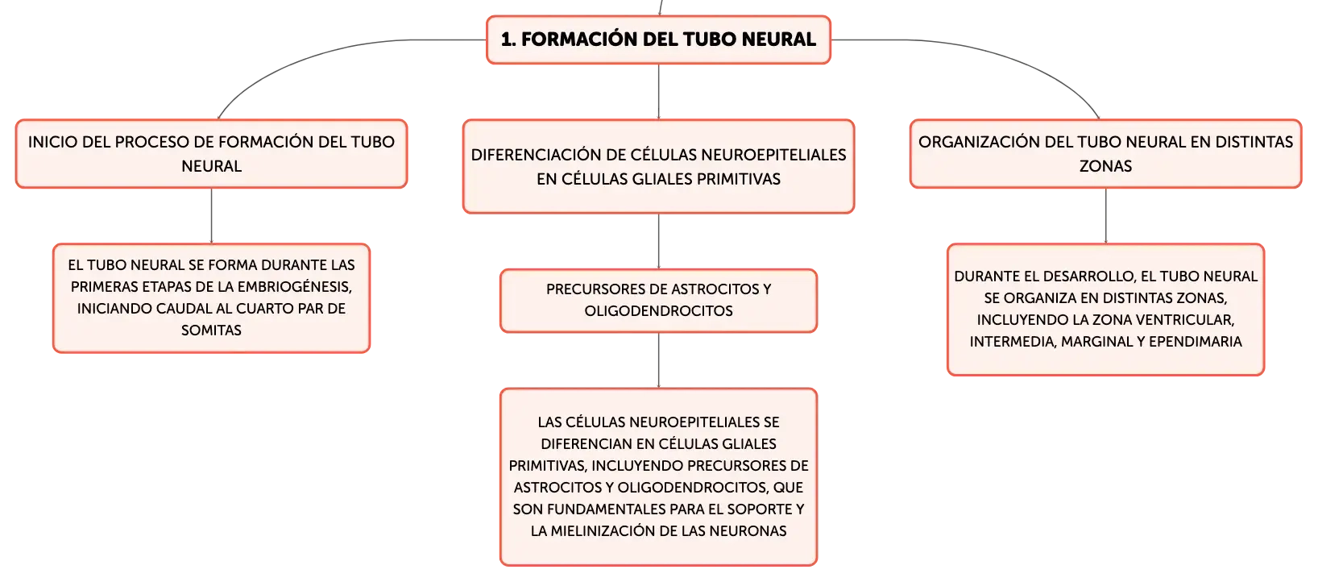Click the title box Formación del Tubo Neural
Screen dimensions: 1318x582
(658, 39)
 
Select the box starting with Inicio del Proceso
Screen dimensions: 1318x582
(211, 154)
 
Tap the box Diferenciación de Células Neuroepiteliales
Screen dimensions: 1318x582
(658, 167)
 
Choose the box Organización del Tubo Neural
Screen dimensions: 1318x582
(1105, 154)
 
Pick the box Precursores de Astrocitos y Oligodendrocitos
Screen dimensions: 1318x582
(658, 301)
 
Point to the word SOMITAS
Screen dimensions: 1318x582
(211, 330)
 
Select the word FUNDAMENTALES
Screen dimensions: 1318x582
(597, 509)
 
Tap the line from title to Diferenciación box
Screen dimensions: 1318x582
(658, 91)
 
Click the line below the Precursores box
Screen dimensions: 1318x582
(658, 360)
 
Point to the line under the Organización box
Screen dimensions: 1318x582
(1105, 215)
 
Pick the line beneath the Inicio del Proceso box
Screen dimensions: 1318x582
(211, 215)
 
